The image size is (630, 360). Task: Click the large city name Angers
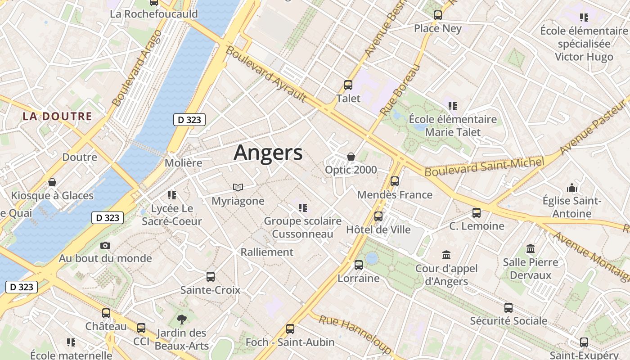[x=268, y=153]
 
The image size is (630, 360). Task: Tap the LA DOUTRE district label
[x=58, y=116]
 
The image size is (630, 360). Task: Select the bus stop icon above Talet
[x=348, y=85]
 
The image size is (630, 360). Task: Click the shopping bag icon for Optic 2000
[x=351, y=157]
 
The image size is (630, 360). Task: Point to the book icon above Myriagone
[x=238, y=187]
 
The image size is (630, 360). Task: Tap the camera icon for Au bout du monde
[x=105, y=245]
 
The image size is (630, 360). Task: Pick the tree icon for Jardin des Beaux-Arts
[x=182, y=319]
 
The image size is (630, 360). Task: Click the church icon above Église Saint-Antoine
[x=572, y=187]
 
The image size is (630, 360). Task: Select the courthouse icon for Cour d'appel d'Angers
[x=446, y=255]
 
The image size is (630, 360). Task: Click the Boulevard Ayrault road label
[x=266, y=74]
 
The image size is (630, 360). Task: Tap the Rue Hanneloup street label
[x=355, y=333]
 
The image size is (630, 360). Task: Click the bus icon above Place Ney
[x=438, y=15]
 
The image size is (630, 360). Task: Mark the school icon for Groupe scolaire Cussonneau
[x=302, y=207]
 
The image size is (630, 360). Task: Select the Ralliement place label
[x=267, y=252]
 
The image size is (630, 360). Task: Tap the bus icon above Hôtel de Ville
[x=378, y=216]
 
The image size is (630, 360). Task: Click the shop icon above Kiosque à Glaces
[x=52, y=182]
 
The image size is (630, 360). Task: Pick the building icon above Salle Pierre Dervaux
[x=531, y=249]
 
